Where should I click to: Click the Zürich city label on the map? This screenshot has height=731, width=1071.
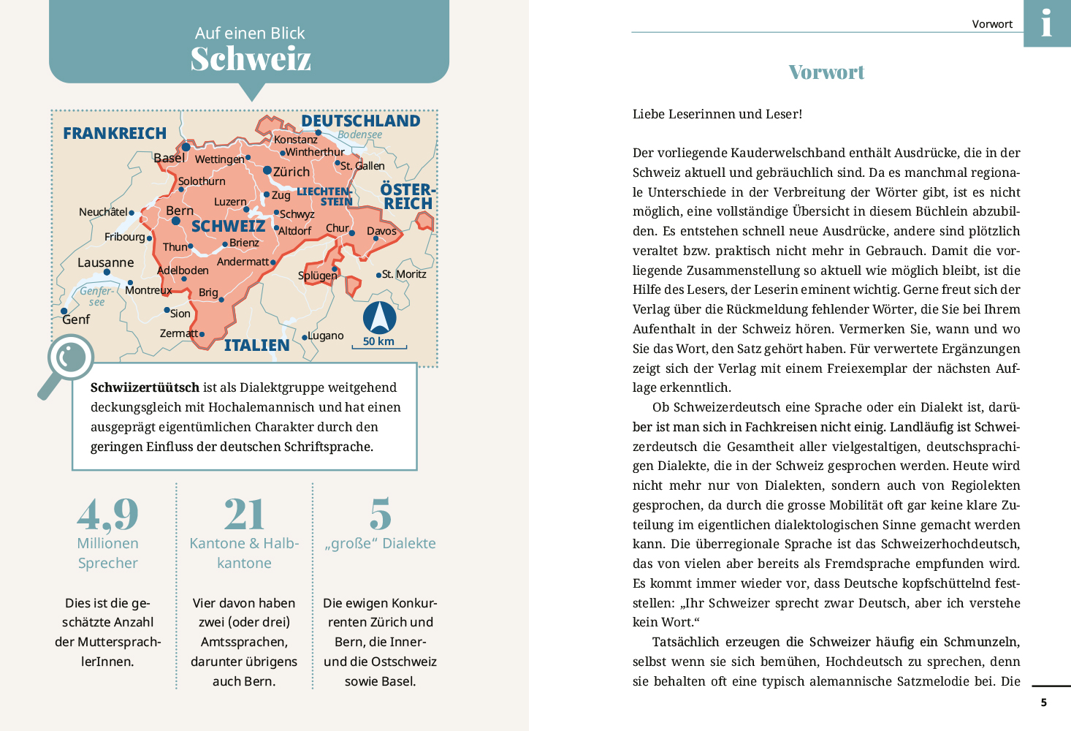click(x=291, y=172)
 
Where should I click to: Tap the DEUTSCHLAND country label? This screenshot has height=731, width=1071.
click(x=360, y=121)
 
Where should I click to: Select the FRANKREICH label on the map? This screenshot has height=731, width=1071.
click(x=115, y=133)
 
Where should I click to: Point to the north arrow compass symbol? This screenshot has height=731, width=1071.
click(x=379, y=317)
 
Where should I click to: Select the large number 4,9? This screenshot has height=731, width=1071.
click(x=107, y=515)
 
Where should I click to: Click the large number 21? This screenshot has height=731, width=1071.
click(x=244, y=515)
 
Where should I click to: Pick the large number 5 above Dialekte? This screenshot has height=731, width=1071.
click(x=380, y=515)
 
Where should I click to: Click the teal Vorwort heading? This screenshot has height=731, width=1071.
click(x=826, y=72)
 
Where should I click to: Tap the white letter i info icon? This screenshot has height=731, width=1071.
click(x=1047, y=23)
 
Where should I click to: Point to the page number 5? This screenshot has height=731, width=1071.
click(x=1043, y=702)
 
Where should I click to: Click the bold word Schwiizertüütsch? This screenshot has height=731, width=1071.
click(x=145, y=387)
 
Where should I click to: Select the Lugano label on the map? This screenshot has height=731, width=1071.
click(x=325, y=336)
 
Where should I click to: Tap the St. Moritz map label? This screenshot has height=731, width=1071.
click(x=404, y=274)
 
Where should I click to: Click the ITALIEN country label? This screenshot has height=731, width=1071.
click(x=256, y=345)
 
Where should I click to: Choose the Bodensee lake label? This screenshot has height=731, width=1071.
click(x=359, y=135)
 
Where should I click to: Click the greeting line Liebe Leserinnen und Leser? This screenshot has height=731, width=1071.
click(x=717, y=114)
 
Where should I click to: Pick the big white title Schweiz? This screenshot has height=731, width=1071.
click(x=251, y=58)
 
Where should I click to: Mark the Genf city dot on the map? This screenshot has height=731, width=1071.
click(x=64, y=311)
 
